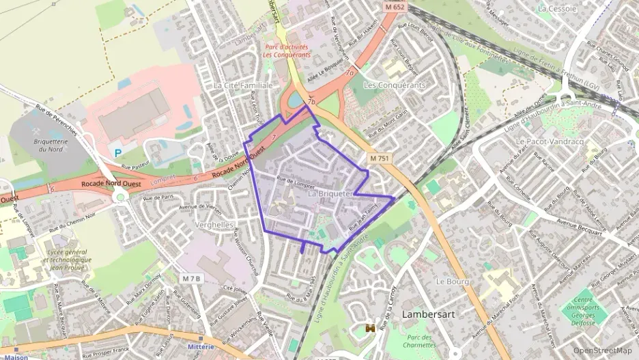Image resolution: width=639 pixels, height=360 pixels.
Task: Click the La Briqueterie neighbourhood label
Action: click(330, 194)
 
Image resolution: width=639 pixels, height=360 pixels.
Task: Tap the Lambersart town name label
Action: click(429, 315)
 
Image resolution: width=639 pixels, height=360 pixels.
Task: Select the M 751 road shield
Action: click(381, 158)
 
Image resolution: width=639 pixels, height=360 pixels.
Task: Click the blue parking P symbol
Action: click(117, 153)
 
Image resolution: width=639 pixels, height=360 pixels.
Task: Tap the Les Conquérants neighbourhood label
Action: click(395, 85)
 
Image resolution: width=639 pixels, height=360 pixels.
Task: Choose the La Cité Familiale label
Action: click(243, 85)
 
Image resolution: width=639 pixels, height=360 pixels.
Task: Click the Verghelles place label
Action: click(214, 224)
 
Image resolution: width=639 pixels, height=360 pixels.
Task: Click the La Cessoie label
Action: click(556, 9)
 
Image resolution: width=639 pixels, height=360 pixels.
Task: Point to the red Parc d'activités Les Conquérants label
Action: click(287, 51)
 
